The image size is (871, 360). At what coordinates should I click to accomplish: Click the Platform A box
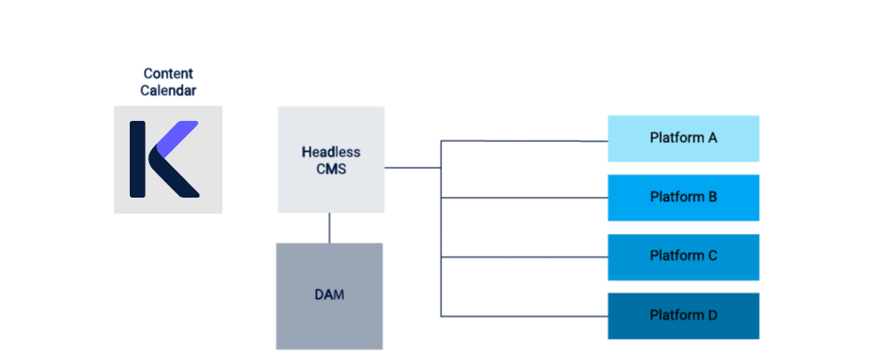pyautogui.click(x=682, y=139)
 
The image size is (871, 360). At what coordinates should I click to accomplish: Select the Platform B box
pyautogui.click(x=682, y=197)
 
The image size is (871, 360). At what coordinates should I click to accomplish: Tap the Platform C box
pyautogui.click(x=682, y=256)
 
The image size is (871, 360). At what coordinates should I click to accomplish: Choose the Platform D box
pyautogui.click(x=682, y=315)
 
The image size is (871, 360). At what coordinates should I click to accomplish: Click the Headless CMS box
pyautogui.click(x=331, y=160)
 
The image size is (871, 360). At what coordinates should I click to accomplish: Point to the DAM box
pyautogui.click(x=329, y=296)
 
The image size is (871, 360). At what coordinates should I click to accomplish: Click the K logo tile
pyautogui.click(x=168, y=159)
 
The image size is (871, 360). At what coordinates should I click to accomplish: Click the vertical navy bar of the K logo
pyautogui.click(x=138, y=159)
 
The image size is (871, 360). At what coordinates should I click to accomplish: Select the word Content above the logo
pyautogui.click(x=168, y=74)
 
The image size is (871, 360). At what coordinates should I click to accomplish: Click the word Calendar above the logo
pyautogui.click(x=168, y=90)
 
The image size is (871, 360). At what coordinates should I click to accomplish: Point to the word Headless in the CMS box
pyautogui.click(x=331, y=152)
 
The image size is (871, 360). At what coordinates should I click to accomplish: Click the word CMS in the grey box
pyautogui.click(x=331, y=169)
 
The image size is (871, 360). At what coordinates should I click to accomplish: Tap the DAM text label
pyautogui.click(x=329, y=295)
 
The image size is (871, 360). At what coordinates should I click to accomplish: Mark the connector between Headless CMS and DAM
pyautogui.click(x=329, y=228)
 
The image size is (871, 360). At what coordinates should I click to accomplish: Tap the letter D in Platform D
pyautogui.click(x=712, y=315)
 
